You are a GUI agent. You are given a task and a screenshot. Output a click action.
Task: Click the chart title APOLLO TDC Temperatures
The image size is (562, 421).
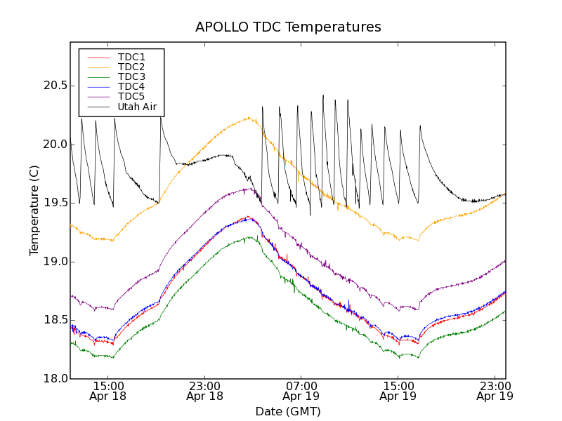click(288, 27)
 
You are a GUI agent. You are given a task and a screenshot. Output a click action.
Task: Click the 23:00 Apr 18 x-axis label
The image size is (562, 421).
click(205, 391)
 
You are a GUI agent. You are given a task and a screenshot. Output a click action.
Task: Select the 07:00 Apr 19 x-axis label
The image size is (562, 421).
click(301, 391)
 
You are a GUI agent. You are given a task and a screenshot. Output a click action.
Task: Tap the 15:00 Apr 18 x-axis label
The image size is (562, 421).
click(109, 391)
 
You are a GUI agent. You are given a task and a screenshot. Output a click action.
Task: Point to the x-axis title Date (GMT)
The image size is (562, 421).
click(288, 411)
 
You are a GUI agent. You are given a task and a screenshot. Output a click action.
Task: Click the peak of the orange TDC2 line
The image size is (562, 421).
click(249, 118)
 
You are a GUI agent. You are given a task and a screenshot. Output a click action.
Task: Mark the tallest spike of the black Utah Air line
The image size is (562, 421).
click(323, 95)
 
